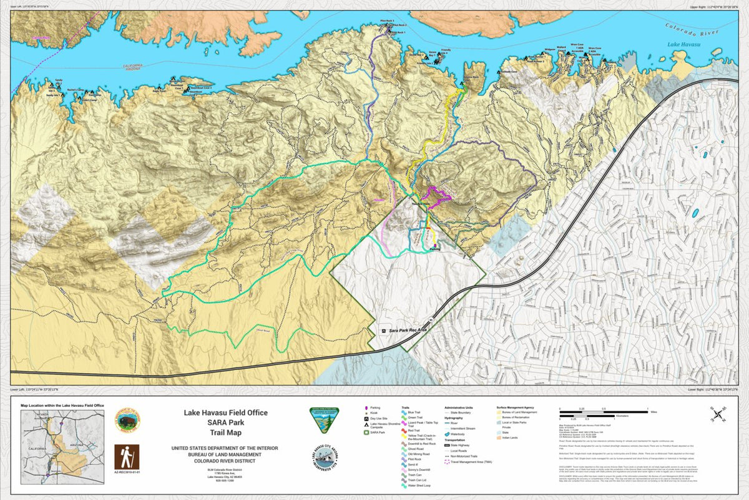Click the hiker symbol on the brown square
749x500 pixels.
(127, 457)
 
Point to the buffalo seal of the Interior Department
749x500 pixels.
(127, 421)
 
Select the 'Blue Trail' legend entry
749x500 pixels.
(413, 412)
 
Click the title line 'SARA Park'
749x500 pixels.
(225, 422)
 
